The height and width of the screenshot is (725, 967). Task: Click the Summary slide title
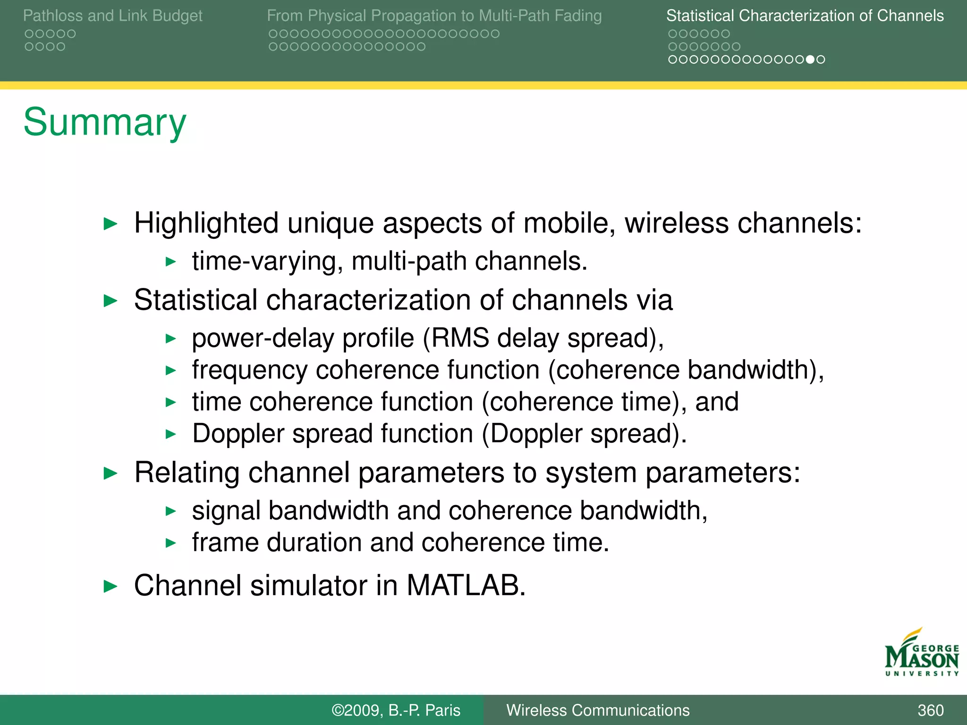[x=105, y=122]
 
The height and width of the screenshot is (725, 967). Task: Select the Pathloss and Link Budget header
[x=112, y=16]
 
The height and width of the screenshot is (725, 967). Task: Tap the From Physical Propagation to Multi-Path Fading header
[x=434, y=16]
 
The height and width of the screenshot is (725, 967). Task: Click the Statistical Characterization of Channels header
[x=805, y=16]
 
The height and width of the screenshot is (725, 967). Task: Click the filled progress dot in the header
[x=810, y=59]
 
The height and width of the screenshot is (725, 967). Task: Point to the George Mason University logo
[x=921, y=654]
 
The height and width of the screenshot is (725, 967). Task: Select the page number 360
[x=930, y=710]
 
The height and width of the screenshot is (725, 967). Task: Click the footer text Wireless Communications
[x=598, y=710]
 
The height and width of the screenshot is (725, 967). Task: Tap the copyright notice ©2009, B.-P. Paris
[x=396, y=710]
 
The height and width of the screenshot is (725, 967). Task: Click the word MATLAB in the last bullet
[x=466, y=585]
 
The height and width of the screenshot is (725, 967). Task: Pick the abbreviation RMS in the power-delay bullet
[x=460, y=338]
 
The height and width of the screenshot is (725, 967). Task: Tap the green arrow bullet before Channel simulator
[x=110, y=586]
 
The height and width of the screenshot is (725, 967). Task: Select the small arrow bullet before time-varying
[x=171, y=261]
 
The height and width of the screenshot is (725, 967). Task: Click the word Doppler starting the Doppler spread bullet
[x=238, y=433]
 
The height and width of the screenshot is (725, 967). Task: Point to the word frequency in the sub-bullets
[x=249, y=370]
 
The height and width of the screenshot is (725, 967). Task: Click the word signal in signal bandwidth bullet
[x=226, y=511]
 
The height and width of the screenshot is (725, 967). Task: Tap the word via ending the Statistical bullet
[x=654, y=300]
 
